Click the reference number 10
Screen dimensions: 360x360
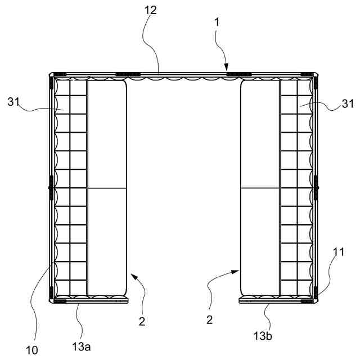tap(31, 350)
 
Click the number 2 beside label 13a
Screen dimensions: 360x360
tap(143, 321)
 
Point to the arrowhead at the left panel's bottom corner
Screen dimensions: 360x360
tap(132, 275)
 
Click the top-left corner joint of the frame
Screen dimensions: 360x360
tap(52, 75)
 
